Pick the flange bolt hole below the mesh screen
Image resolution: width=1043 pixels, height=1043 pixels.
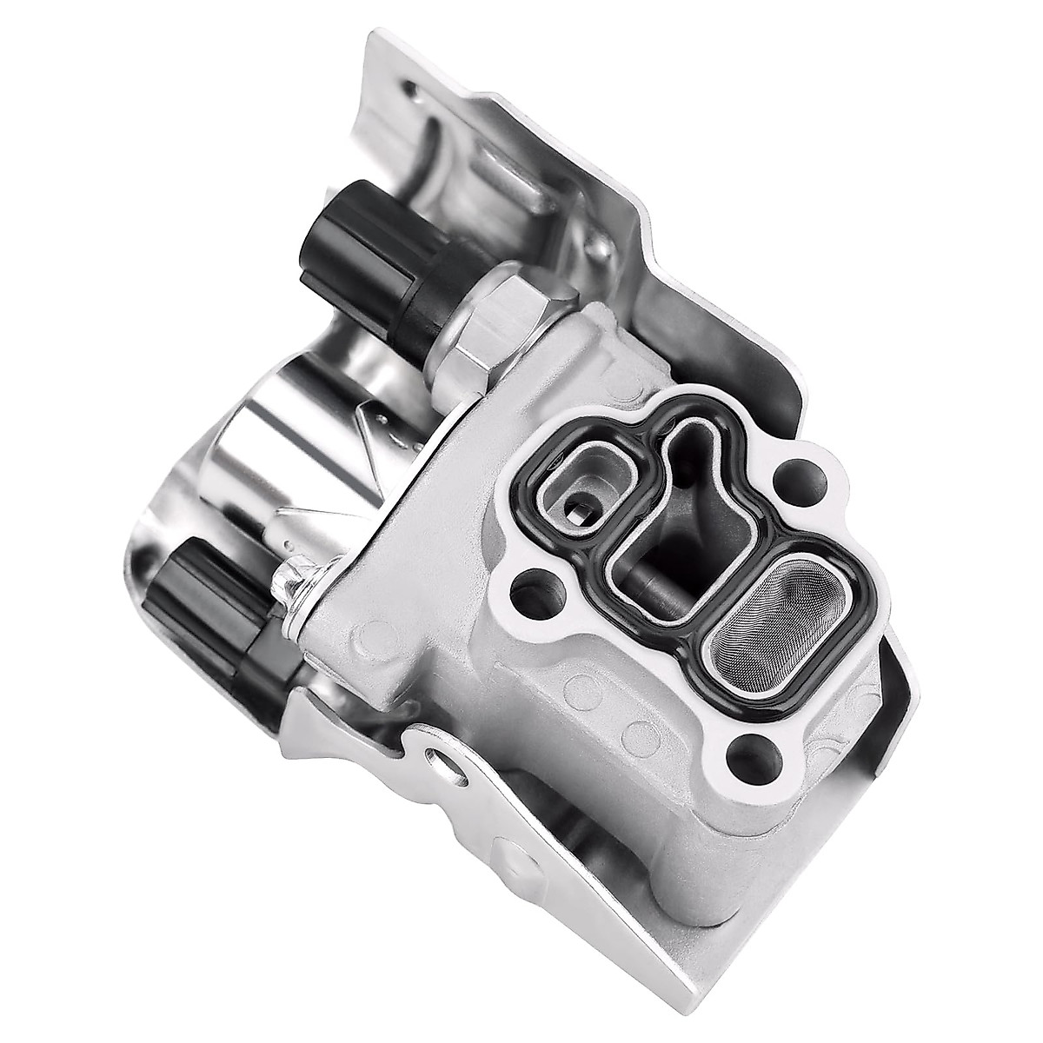pos(749,747)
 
